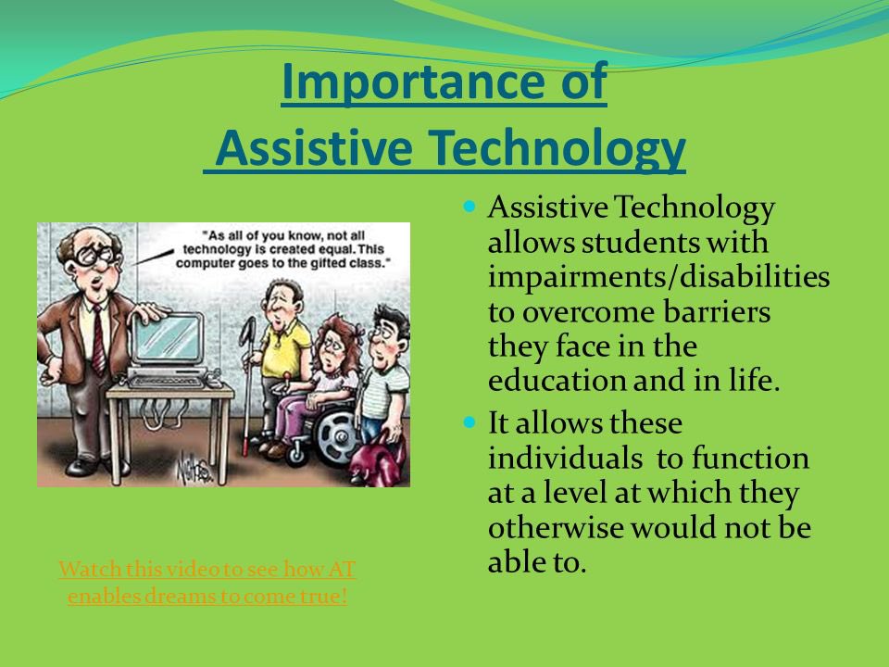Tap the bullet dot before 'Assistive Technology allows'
pyautogui.click(x=469, y=207)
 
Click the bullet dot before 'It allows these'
pyautogui.click(x=469, y=422)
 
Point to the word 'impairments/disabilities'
pyautogui.click(x=658, y=277)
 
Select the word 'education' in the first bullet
pyautogui.click(x=557, y=380)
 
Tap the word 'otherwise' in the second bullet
pyautogui.click(x=555, y=527)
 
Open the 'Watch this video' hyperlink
pyautogui.click(x=207, y=583)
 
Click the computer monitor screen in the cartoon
pyautogui.click(x=168, y=338)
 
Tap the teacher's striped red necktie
pyautogui.click(x=98, y=340)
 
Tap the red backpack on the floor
pyautogui.click(x=379, y=462)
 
